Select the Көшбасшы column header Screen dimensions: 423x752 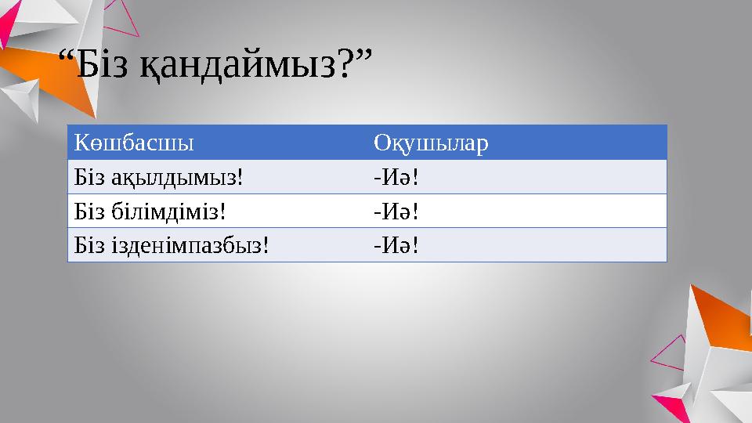(x=135, y=143)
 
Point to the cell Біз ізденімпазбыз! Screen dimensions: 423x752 (x=172, y=245)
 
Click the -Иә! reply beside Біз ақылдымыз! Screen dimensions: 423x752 (x=396, y=177)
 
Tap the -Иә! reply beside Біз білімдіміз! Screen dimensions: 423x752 (x=396, y=211)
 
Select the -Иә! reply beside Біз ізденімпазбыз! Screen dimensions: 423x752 (x=396, y=245)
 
